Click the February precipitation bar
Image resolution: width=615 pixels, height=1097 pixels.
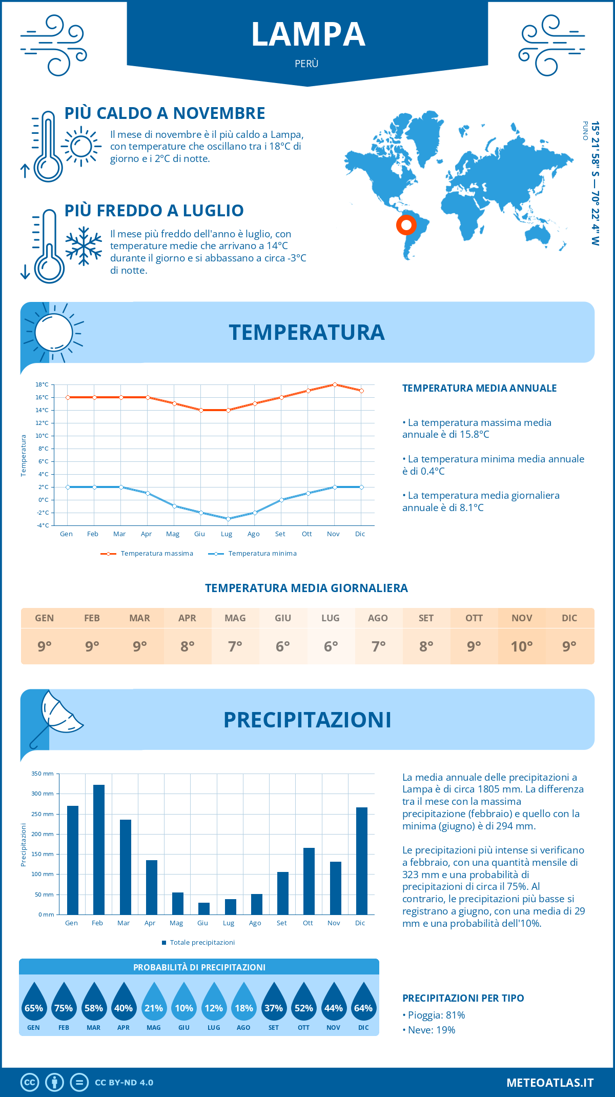click(99, 849)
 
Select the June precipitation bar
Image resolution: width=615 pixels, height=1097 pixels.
click(204, 908)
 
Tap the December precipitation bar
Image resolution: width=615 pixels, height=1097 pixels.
click(362, 861)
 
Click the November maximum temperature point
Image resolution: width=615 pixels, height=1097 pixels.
click(335, 384)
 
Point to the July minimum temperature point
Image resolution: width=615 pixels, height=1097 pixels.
click(228, 519)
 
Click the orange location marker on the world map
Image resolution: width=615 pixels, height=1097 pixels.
click(406, 225)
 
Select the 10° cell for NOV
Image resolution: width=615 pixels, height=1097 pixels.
click(522, 646)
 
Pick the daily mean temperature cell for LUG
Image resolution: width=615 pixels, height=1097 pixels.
click(331, 646)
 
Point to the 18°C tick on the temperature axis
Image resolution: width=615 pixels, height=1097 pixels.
click(42, 384)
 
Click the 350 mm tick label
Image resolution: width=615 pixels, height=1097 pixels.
click(43, 774)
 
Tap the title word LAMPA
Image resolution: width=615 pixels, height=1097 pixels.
click(308, 34)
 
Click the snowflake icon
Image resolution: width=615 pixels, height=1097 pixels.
click(84, 246)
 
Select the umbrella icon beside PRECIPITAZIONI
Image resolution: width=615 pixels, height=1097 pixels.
click(55, 718)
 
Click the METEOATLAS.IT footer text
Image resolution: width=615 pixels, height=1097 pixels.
click(550, 1082)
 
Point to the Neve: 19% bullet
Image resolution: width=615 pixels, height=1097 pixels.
click(431, 1030)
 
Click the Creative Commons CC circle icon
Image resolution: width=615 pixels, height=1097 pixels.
click(30, 1082)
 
